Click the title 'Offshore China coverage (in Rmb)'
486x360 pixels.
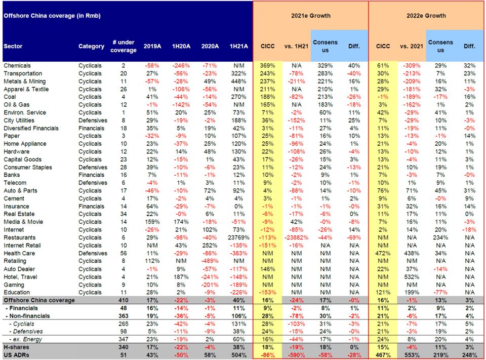point(52,16)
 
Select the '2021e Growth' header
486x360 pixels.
point(310,16)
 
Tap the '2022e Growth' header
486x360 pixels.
point(426,16)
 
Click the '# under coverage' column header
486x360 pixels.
point(124,46)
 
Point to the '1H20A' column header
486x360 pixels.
point(181,46)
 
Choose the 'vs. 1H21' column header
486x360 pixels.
point(296,46)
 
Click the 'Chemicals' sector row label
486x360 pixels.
point(17,66)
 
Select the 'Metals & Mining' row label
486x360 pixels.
point(25,81)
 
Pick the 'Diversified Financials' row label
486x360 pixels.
point(31,128)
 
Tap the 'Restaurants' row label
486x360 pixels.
point(20,237)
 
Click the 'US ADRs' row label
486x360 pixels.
point(16,355)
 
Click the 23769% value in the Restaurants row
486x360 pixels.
point(238,237)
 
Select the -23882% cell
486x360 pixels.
point(296,237)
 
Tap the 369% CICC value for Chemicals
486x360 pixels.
point(267,66)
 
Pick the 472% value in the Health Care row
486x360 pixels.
point(383,253)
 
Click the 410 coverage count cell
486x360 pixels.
point(124,300)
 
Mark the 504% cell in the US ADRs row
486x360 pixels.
point(238,355)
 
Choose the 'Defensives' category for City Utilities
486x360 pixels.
point(93,121)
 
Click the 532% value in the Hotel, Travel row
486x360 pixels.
point(412,277)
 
